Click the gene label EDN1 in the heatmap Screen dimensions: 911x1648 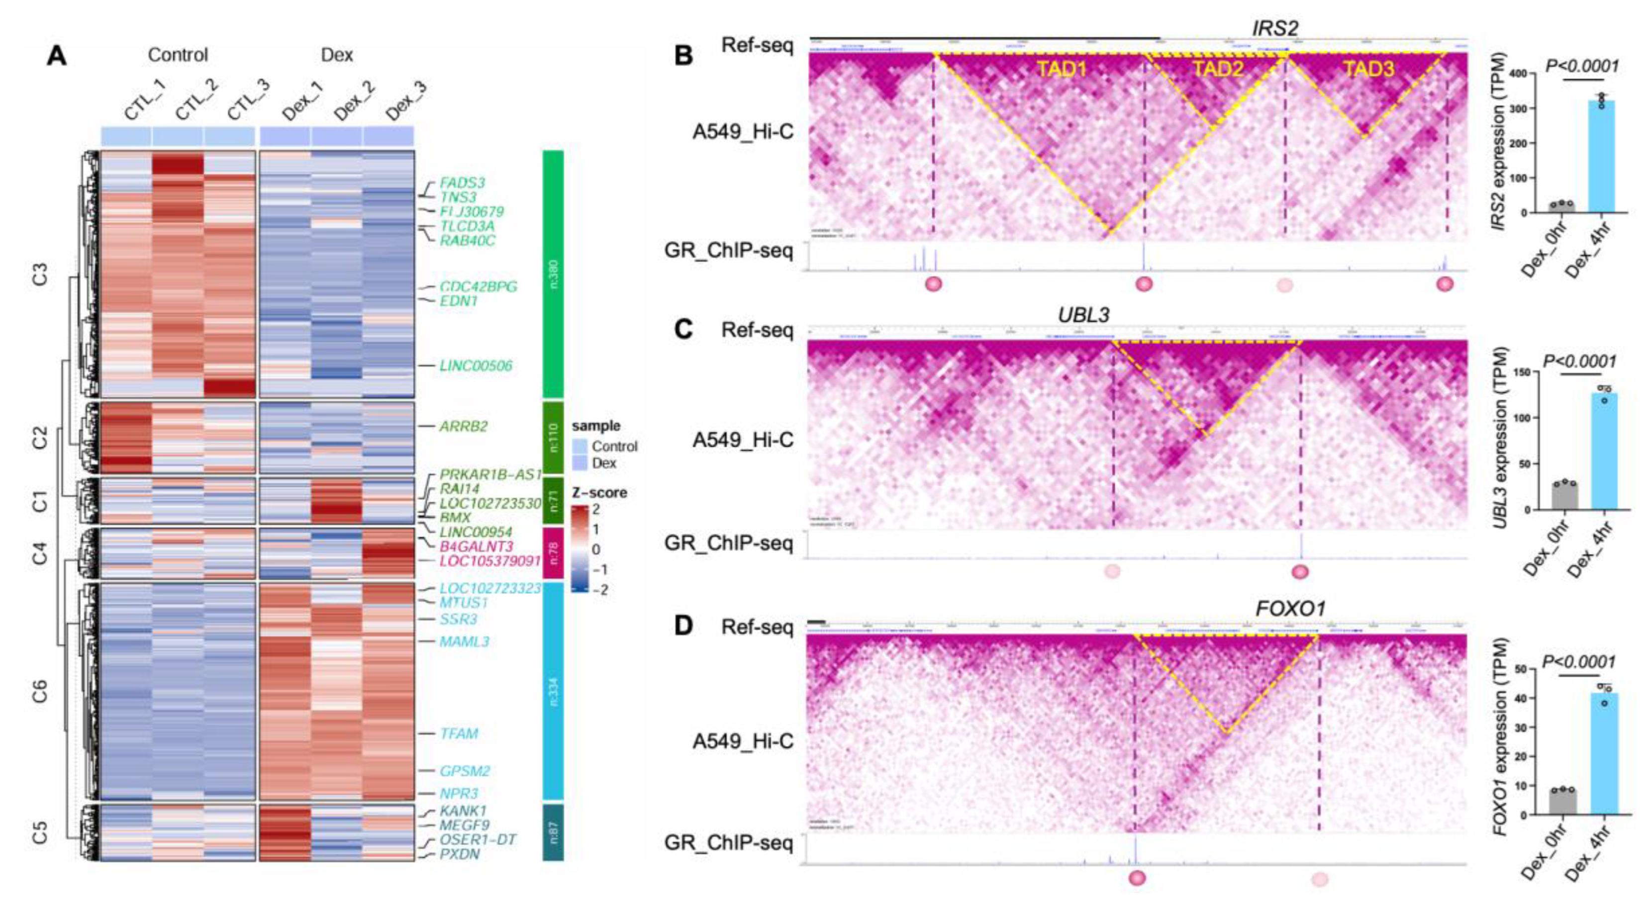pyautogui.click(x=458, y=301)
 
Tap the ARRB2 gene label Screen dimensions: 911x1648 pyautogui.click(x=463, y=426)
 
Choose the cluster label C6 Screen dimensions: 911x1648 pyautogui.click(x=40, y=691)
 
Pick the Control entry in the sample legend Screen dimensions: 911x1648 pyautogui.click(x=613, y=446)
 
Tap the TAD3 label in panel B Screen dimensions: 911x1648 pyautogui.click(x=1368, y=69)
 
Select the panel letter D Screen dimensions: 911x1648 pyautogui.click(x=684, y=626)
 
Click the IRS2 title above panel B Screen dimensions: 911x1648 pyautogui.click(x=1274, y=29)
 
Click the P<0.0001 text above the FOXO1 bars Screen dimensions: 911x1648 pyautogui.click(x=1579, y=661)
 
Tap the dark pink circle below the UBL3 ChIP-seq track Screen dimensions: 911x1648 pyautogui.click(x=1300, y=571)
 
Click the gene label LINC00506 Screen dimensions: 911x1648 pyautogui.click(x=476, y=366)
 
